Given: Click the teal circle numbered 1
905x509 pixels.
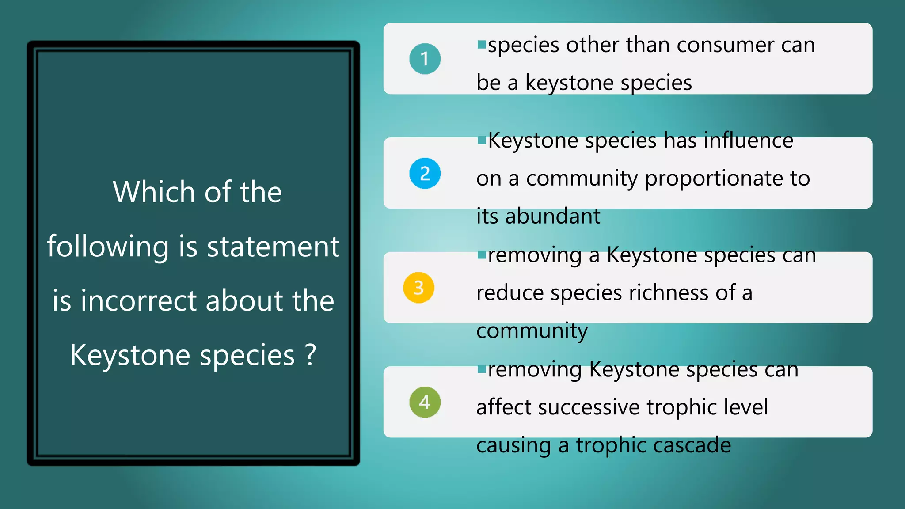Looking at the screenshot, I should click(425, 59).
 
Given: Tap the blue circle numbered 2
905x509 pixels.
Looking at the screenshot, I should click(425, 173).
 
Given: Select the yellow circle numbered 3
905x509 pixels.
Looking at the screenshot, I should click(418, 288).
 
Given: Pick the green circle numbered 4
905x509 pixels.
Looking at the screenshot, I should click(425, 402).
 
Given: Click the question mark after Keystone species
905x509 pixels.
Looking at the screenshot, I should click(311, 355).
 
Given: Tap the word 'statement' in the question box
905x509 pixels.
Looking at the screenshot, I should click(273, 247).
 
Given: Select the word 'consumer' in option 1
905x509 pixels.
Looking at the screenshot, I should click(725, 45).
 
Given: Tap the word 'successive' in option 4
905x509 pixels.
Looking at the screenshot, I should click(588, 407).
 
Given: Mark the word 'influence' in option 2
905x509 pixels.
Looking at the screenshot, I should click(748, 141).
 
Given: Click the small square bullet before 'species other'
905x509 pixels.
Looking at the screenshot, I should click(482, 44).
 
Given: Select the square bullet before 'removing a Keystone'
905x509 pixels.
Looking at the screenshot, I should click(482, 254).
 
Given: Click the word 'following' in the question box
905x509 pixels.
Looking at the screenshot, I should click(108, 247).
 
